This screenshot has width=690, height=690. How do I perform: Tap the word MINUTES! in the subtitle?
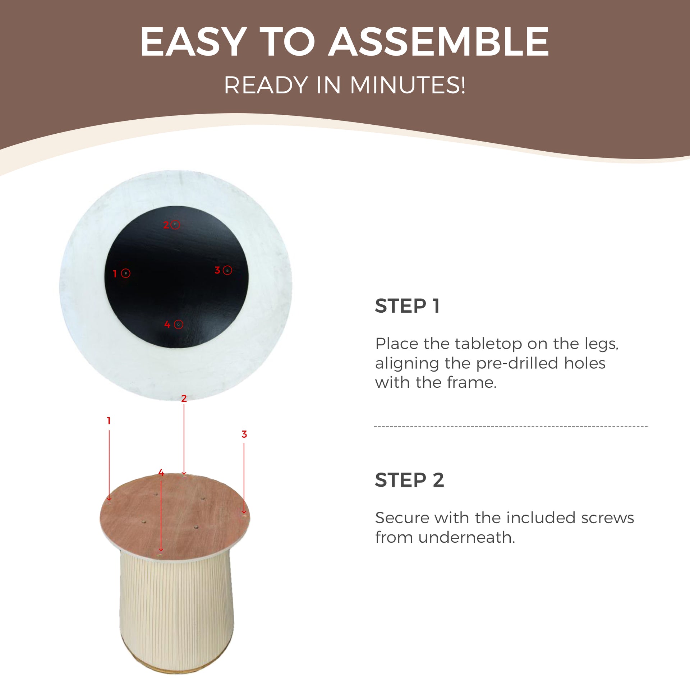(x=407, y=85)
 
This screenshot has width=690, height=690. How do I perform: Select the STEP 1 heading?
(x=407, y=306)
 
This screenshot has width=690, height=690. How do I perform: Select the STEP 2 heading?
(x=409, y=480)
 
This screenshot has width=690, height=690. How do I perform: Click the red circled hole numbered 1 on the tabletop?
(x=125, y=273)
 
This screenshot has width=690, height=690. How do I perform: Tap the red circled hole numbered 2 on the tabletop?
(x=175, y=225)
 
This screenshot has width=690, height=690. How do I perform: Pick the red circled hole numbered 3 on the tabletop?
(x=227, y=270)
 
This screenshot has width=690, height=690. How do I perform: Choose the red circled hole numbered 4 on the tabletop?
(x=178, y=325)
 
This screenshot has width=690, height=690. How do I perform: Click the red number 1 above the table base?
(x=109, y=420)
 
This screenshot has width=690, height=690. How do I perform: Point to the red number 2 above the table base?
(x=184, y=398)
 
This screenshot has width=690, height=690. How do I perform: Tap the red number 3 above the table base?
(x=244, y=434)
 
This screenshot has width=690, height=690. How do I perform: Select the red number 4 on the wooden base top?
(x=161, y=473)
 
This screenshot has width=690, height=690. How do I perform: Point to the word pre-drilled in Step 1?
(x=517, y=363)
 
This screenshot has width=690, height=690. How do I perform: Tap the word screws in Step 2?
(x=607, y=518)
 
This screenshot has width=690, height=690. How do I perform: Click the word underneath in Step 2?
(x=466, y=538)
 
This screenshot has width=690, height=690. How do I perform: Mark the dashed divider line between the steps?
(x=511, y=426)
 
